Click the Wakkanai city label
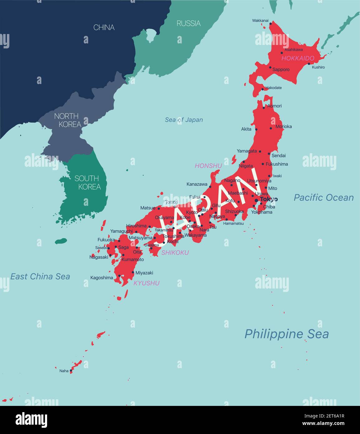click(260, 21)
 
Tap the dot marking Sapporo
click(270, 67)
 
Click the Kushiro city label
click(318, 67)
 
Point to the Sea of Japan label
click(184, 120)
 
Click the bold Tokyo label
click(269, 199)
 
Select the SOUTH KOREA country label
click(87, 183)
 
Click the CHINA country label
click(104, 27)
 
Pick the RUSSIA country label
click(188, 23)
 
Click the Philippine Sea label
click(286, 334)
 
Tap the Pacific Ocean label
click(324, 197)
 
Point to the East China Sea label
click(40, 276)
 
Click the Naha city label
click(64, 371)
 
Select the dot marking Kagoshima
click(119, 276)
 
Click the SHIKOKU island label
click(175, 253)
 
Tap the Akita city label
click(246, 129)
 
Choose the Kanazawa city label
click(197, 184)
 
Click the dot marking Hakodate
click(263, 89)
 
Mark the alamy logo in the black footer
click(32, 420)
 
